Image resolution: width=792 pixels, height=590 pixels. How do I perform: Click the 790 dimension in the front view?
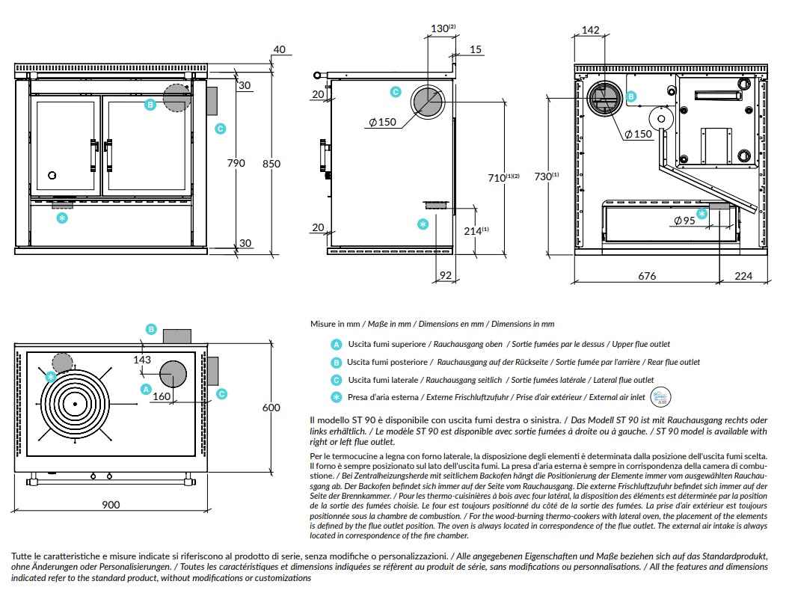(236, 164)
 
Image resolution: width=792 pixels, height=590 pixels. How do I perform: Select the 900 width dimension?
(110, 505)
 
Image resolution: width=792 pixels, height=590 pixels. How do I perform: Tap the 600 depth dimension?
(272, 408)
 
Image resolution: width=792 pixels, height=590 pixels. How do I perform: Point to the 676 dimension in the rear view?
(647, 276)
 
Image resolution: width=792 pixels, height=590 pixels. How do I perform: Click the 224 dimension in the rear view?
(743, 276)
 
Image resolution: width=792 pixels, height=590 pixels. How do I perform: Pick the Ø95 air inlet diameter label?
(684, 221)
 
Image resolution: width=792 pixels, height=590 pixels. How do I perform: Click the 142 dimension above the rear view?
(590, 30)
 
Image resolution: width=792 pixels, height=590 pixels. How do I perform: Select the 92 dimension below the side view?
(445, 276)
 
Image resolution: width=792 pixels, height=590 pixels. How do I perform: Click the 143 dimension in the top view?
(142, 360)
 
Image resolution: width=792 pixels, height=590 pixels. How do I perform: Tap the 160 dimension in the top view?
(162, 396)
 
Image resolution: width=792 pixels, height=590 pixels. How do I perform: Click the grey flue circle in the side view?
(427, 100)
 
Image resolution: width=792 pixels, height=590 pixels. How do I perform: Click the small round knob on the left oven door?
(52, 175)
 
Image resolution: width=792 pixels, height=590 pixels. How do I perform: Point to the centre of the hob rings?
(75, 404)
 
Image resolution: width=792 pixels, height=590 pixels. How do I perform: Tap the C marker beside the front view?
(220, 129)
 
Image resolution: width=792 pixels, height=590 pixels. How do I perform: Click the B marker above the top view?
(151, 329)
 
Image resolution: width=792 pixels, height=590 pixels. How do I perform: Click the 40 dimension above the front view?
(279, 50)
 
